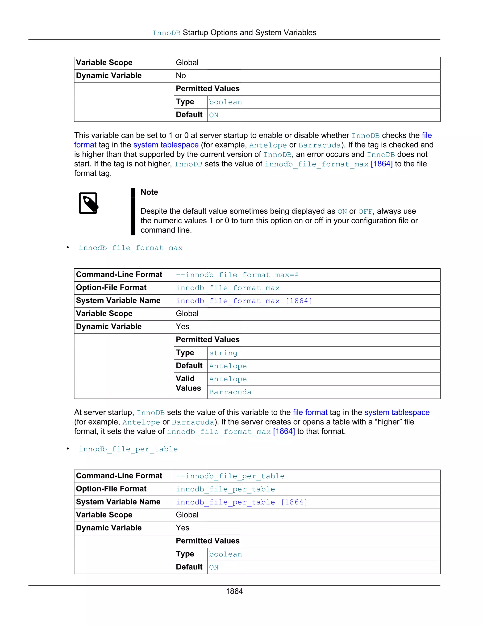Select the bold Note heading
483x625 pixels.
tap(149, 192)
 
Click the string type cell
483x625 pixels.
tap(223, 353)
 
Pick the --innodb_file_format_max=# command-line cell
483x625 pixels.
tap(237, 275)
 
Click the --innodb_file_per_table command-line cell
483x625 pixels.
tap(230, 476)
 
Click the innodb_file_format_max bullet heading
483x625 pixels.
tap(130, 248)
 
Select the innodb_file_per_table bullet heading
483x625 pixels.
tap(128, 449)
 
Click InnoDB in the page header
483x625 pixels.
tap(166, 33)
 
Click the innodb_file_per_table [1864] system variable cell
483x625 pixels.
tap(241, 502)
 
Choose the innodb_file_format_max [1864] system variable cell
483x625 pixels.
tap(244, 301)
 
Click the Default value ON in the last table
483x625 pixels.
tap(214, 567)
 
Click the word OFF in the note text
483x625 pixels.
tap(365, 212)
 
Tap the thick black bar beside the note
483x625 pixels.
tap(133, 212)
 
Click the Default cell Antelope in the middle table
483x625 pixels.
tap(228, 366)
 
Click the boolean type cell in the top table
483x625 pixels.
tap(225, 102)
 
